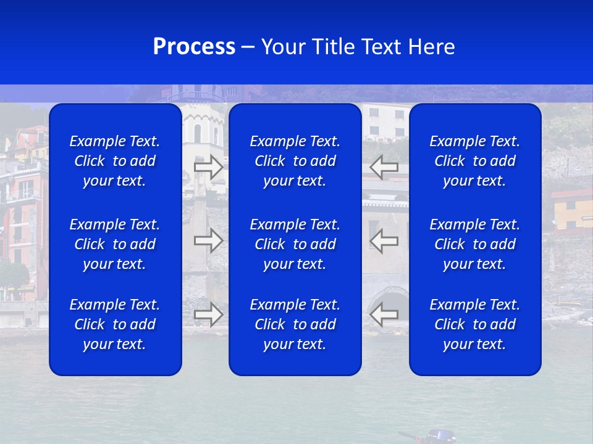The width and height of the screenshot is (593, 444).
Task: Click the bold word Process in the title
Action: point(194,47)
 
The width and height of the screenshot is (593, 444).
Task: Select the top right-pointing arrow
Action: point(208,167)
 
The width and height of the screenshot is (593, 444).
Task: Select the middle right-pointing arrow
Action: point(208,240)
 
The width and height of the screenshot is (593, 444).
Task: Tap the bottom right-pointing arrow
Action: point(208,314)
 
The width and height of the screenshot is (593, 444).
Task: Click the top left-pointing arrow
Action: point(384,166)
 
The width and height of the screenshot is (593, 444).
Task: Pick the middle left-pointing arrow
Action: point(384,240)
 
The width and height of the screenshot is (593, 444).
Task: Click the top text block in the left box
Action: point(115,161)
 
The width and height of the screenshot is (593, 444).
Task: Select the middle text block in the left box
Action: point(115,244)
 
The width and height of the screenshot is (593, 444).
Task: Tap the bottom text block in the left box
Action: point(115,324)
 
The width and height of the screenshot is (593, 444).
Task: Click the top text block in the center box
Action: point(295,161)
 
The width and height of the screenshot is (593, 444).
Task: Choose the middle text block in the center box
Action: point(295,244)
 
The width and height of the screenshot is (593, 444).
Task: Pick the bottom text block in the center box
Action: point(295,324)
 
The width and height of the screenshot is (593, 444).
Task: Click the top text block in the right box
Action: point(475,161)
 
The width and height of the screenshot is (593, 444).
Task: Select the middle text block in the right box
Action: point(475,244)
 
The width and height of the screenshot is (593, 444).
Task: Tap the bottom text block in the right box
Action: point(475,324)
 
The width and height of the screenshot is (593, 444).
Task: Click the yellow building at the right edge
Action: point(571,213)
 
